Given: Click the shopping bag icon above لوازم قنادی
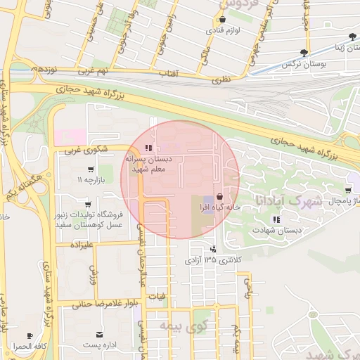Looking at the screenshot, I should tap(223, 20).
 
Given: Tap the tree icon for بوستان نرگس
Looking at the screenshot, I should tap(304, 52).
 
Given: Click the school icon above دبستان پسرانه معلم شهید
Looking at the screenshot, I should tap(148, 148).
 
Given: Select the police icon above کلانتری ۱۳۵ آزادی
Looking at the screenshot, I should tap(213, 249).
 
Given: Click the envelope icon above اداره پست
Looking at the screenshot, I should tap(100, 334).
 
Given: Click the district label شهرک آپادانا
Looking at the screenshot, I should tap(289, 200).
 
